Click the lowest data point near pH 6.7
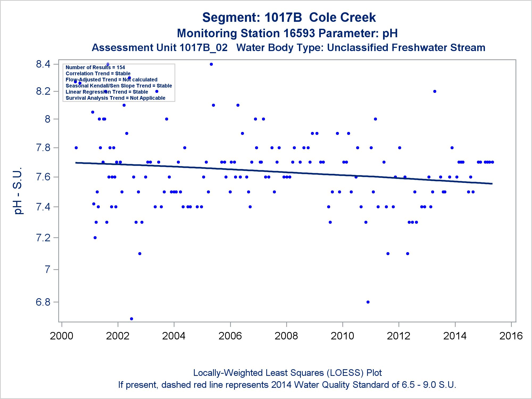pyautogui.click(x=131, y=319)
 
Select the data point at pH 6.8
pyautogui.click(x=368, y=302)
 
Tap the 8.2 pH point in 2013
pyautogui.click(x=435, y=91)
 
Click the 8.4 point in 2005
pyautogui.click(x=211, y=64)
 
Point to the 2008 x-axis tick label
pyautogui.click(x=286, y=336)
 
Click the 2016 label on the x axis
pyautogui.click(x=511, y=336)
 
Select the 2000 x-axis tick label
pyautogui.click(x=61, y=336)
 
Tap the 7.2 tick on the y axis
pyautogui.click(x=43, y=238)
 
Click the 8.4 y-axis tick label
pyautogui.click(x=43, y=64)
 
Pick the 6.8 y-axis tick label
pyautogui.click(x=43, y=302)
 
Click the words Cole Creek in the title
pyautogui.click(x=342, y=18)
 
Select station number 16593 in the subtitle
pyautogui.click(x=299, y=34)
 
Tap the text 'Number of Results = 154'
pyautogui.click(x=95, y=67)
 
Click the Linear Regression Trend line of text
pyautogui.click(x=107, y=92)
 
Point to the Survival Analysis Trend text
pyautogui.click(x=115, y=98)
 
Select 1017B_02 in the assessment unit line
pyautogui.click(x=203, y=48)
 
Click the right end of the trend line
pyautogui.click(x=492, y=184)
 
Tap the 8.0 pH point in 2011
pyautogui.click(x=375, y=119)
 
